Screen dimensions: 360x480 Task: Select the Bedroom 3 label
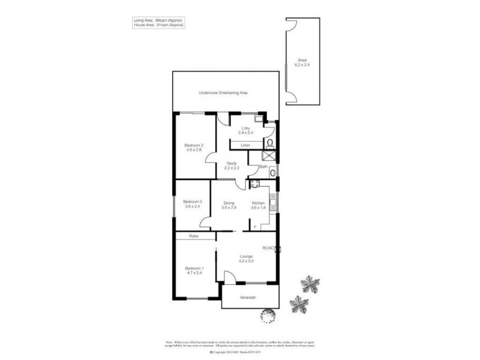pyautogui.click(x=192, y=201)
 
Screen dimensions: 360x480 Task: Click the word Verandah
pyautogui.click(x=250, y=298)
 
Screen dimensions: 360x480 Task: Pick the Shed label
pyautogui.click(x=302, y=59)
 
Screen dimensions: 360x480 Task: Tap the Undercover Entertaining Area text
pyautogui.click(x=224, y=94)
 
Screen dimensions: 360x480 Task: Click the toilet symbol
pyautogui.click(x=270, y=143)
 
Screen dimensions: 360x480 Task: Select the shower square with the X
pyautogui.click(x=271, y=155)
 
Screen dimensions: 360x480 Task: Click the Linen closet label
pyautogui.click(x=245, y=145)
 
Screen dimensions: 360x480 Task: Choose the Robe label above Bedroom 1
pyautogui.click(x=193, y=236)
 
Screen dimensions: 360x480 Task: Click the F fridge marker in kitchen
pyautogui.click(x=254, y=227)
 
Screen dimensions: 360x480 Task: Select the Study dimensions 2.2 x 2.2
pyautogui.click(x=232, y=169)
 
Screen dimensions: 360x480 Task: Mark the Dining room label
pyautogui.click(x=229, y=203)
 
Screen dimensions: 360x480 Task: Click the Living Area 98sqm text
pyautogui.click(x=158, y=20)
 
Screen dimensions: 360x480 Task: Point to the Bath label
pyautogui.click(x=263, y=166)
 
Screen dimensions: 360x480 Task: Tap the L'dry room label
pyautogui.click(x=245, y=128)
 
